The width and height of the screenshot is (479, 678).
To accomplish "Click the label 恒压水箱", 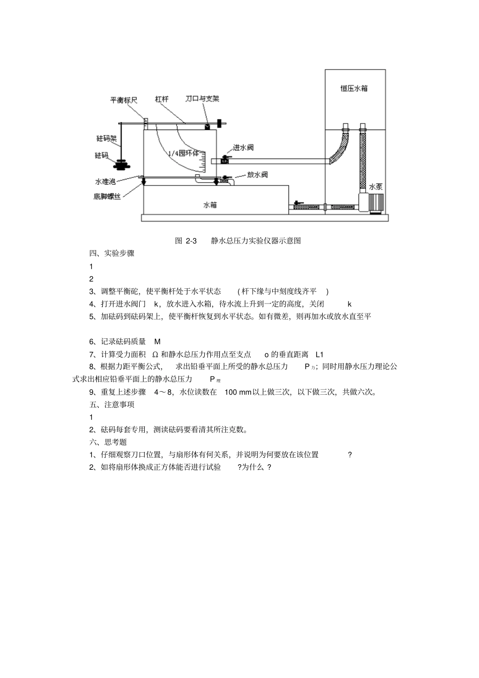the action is coord(353,88).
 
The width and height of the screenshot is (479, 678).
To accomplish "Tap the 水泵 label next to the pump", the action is coord(376,186).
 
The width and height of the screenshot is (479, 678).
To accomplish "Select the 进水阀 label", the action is coord(243,148).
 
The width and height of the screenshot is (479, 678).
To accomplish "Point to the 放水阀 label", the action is coord(257,175).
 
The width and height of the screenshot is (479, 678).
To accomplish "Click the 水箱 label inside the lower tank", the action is coord(210,205).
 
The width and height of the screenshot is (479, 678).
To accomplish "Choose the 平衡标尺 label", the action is coord(124,100).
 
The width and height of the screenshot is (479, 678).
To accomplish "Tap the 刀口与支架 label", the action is coord(202,99).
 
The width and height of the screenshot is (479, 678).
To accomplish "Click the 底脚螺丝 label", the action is coord(107,196).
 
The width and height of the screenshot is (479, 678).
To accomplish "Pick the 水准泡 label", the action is coord(105,181).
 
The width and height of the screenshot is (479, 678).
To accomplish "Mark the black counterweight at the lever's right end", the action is coord(220,123).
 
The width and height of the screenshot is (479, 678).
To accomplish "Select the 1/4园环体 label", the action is coord(184,153).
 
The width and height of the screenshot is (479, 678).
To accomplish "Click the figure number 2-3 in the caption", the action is coord(191,241).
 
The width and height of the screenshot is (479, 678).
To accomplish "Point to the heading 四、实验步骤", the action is coord(112,254).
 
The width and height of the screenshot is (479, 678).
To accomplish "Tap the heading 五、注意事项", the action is coord(112,404).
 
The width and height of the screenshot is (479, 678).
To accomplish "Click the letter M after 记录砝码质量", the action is coord(157,342).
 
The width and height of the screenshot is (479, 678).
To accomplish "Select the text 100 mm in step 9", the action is coord(238,392).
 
